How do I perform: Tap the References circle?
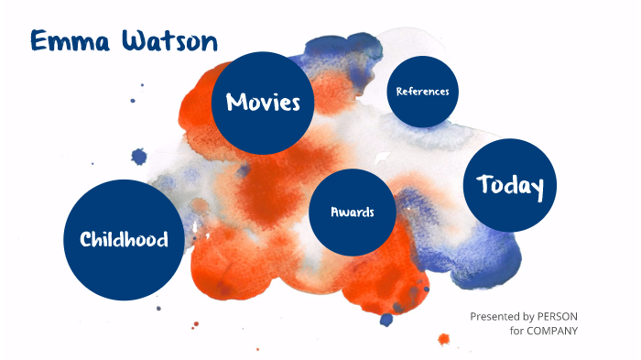click(x=422, y=92)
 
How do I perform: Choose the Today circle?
click(x=510, y=186)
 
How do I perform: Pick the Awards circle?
click(x=353, y=212)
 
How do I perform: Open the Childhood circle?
click(x=124, y=240)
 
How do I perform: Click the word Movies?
click(x=263, y=102)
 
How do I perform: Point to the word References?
click(x=422, y=92)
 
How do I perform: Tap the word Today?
click(x=510, y=186)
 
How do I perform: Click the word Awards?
click(x=353, y=212)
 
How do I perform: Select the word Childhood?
click(x=124, y=240)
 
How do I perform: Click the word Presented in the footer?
click(x=495, y=316)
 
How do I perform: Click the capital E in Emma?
click(x=38, y=40)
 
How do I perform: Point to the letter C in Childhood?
click(x=85, y=240)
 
